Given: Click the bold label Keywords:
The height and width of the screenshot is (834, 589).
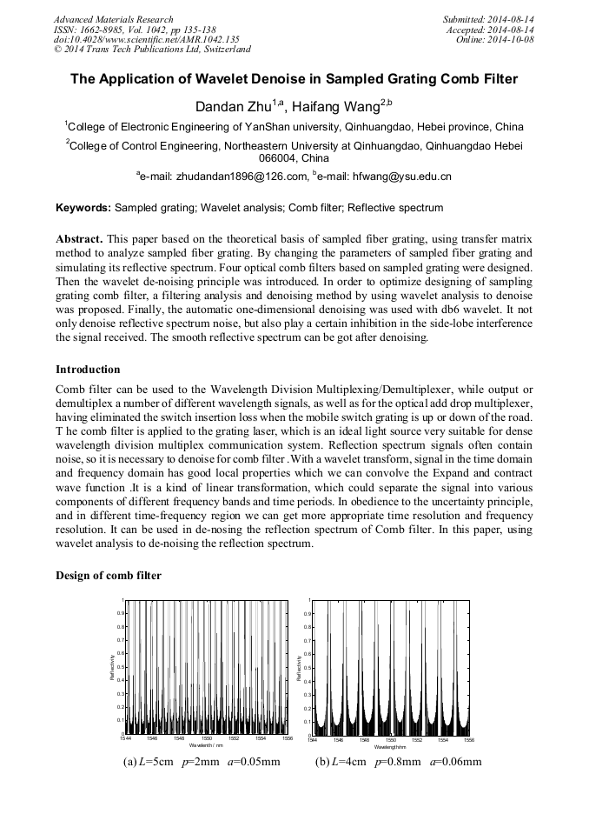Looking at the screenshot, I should pos(83,209).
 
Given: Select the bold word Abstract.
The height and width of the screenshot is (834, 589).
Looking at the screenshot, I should pos(79,238).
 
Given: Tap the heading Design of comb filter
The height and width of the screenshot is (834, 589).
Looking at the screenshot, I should pos(109,576).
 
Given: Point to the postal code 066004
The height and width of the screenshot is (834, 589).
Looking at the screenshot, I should pos(278,159).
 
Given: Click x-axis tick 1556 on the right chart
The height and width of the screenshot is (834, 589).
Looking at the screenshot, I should pos(469,739).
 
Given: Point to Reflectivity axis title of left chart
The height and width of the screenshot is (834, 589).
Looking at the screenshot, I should pos(112,667).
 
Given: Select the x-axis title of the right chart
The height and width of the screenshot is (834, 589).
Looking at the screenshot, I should pos(390,747).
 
